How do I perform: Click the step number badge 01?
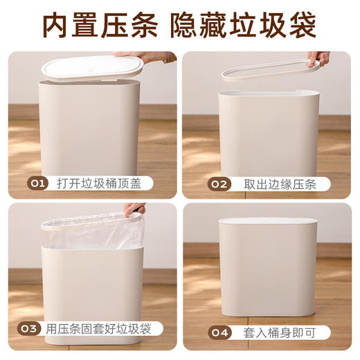[x=37, y=184]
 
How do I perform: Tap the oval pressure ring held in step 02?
[x=270, y=70]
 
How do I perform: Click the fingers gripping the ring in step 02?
[x=319, y=59]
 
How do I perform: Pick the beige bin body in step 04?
[x=269, y=277]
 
